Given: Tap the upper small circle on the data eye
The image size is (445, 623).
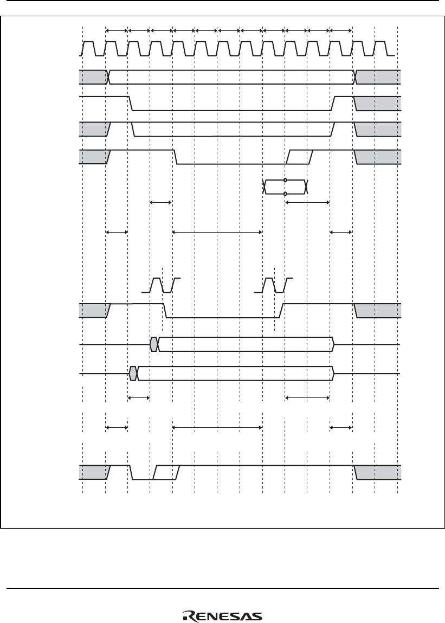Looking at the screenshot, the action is [x=285, y=181].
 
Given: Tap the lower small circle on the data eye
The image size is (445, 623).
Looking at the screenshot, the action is [x=285, y=194].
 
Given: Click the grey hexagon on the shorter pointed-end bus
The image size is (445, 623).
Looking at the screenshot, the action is [x=154, y=344].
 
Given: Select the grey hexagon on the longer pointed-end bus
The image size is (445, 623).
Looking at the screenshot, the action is [x=133, y=374].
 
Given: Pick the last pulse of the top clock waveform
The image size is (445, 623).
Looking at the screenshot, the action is [x=382, y=48].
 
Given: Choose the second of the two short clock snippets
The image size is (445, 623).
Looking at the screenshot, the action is [x=274, y=285].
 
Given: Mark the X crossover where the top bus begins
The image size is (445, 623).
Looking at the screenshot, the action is [x=109, y=76].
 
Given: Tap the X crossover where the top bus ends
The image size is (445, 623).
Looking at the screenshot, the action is [x=355, y=76].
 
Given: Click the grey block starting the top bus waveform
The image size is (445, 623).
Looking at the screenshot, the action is [x=94, y=76].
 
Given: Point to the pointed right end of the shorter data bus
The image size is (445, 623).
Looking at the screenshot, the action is [x=334, y=344].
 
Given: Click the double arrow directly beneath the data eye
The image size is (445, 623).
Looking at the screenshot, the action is [x=307, y=203].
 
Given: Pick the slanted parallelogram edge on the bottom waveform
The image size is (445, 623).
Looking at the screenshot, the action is [x=166, y=472].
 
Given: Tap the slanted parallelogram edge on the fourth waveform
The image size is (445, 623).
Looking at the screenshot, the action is [x=300, y=157].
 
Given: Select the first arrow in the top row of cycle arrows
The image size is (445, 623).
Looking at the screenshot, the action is [x=117, y=30].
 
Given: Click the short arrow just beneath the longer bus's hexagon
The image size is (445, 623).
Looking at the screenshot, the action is [x=139, y=397].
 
